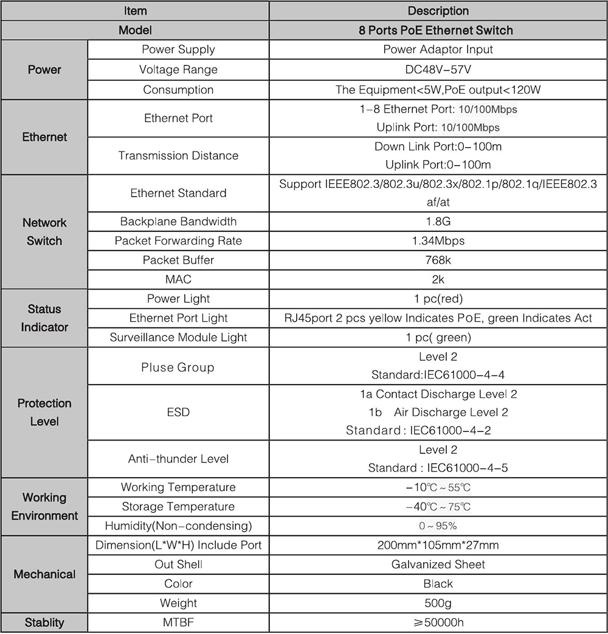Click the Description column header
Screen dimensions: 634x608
438,11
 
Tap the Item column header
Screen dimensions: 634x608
135,11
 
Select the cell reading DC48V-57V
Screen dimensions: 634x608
438,69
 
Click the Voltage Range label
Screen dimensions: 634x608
178,69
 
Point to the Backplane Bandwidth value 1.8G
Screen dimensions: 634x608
438,221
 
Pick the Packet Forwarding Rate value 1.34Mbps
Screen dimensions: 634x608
438,241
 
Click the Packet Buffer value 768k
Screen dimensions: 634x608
438,260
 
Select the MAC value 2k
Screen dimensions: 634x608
438,279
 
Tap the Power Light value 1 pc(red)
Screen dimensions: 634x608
438,299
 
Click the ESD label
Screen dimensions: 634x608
178,412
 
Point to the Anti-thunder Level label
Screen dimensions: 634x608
178,459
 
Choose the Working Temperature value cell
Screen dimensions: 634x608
438,487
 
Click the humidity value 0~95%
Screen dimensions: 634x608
438,526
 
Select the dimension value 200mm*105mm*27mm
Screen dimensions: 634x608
438,545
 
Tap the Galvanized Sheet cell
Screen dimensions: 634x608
438,565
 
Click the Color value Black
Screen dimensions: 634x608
438,583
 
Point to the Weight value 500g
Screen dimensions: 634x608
438,603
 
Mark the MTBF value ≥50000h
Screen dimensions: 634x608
438,622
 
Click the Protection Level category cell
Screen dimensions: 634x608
44,412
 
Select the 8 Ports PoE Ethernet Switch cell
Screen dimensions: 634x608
438,30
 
